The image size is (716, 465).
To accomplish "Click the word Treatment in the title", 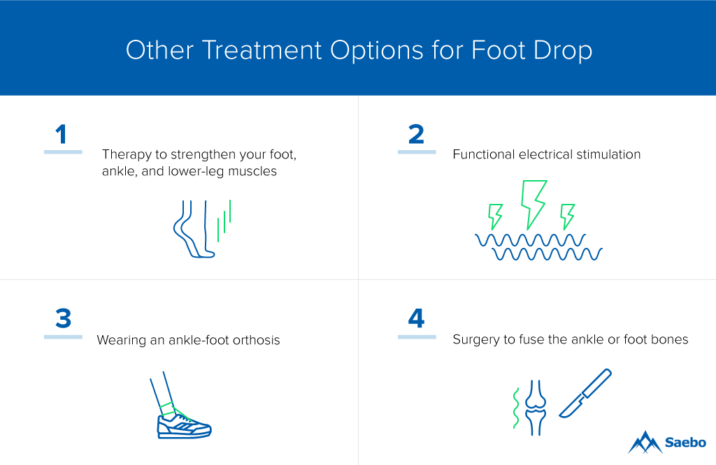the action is coord(262,50).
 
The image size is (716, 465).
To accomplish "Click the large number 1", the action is coord(62,135).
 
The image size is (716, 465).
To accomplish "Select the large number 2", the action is coord(416,135).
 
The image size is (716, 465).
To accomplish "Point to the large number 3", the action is coord(64,318).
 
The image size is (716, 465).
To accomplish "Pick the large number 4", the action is coord(417,318).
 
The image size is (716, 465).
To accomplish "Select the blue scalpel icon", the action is coord(585,393).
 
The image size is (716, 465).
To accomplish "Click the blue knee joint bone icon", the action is coord(535,408).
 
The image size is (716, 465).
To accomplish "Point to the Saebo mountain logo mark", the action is coord(645,442).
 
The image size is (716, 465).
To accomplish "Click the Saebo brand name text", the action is coord(685,442).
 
